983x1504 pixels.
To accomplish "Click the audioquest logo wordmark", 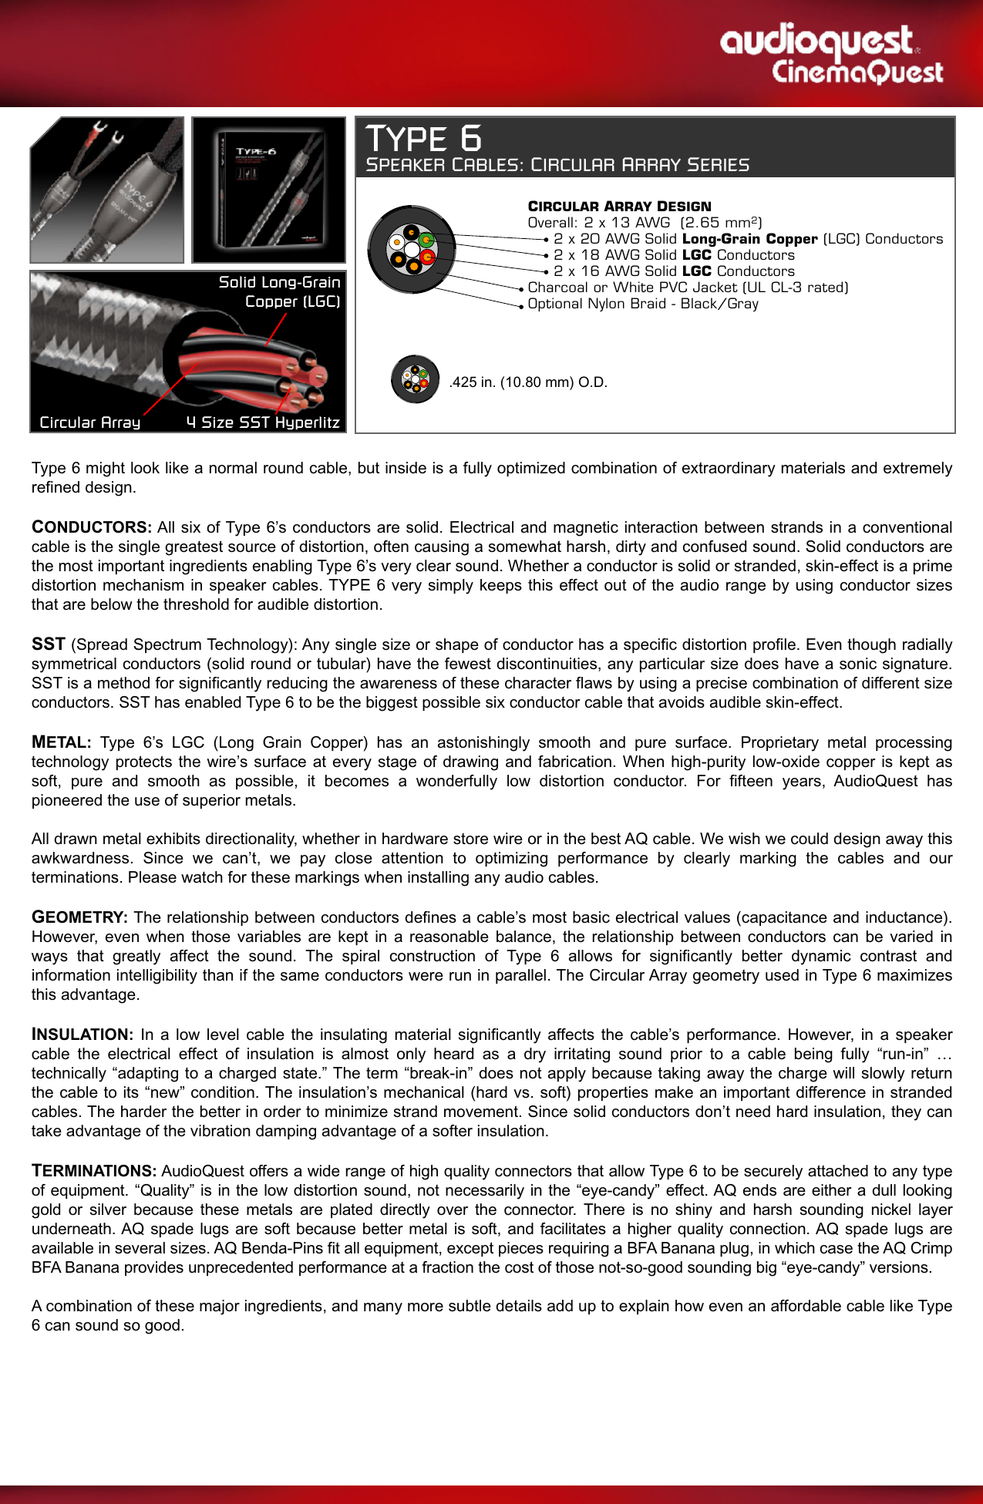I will (x=817, y=40).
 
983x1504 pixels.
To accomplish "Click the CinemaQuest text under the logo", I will (x=857, y=72).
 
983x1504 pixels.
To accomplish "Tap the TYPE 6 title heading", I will (x=423, y=139).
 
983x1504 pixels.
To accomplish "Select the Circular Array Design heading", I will (x=619, y=207).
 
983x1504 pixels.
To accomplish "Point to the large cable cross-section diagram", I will (x=412, y=249).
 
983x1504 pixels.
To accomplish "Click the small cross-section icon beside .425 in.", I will (x=415, y=379).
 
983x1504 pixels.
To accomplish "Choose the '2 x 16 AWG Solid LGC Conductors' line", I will (x=674, y=271).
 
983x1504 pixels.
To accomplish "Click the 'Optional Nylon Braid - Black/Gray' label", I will (x=643, y=304).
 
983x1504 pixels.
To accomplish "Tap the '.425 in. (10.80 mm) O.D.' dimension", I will (x=528, y=382).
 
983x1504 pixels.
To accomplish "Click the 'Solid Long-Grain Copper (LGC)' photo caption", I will (x=279, y=291).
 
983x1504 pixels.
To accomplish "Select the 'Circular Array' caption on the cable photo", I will (x=90, y=422).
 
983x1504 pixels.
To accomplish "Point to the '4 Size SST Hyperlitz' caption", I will (x=263, y=422).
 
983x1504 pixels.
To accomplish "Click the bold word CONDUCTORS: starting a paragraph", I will (x=92, y=527).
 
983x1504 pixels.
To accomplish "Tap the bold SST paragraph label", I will (x=48, y=644).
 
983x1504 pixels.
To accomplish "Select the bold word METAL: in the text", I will (x=61, y=742).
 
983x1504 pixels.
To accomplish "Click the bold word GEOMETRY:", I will (x=79, y=917).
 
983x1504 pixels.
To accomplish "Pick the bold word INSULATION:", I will (x=82, y=1035).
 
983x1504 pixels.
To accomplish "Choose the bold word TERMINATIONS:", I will (x=94, y=1171).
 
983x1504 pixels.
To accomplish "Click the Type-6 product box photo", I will (x=268, y=190).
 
